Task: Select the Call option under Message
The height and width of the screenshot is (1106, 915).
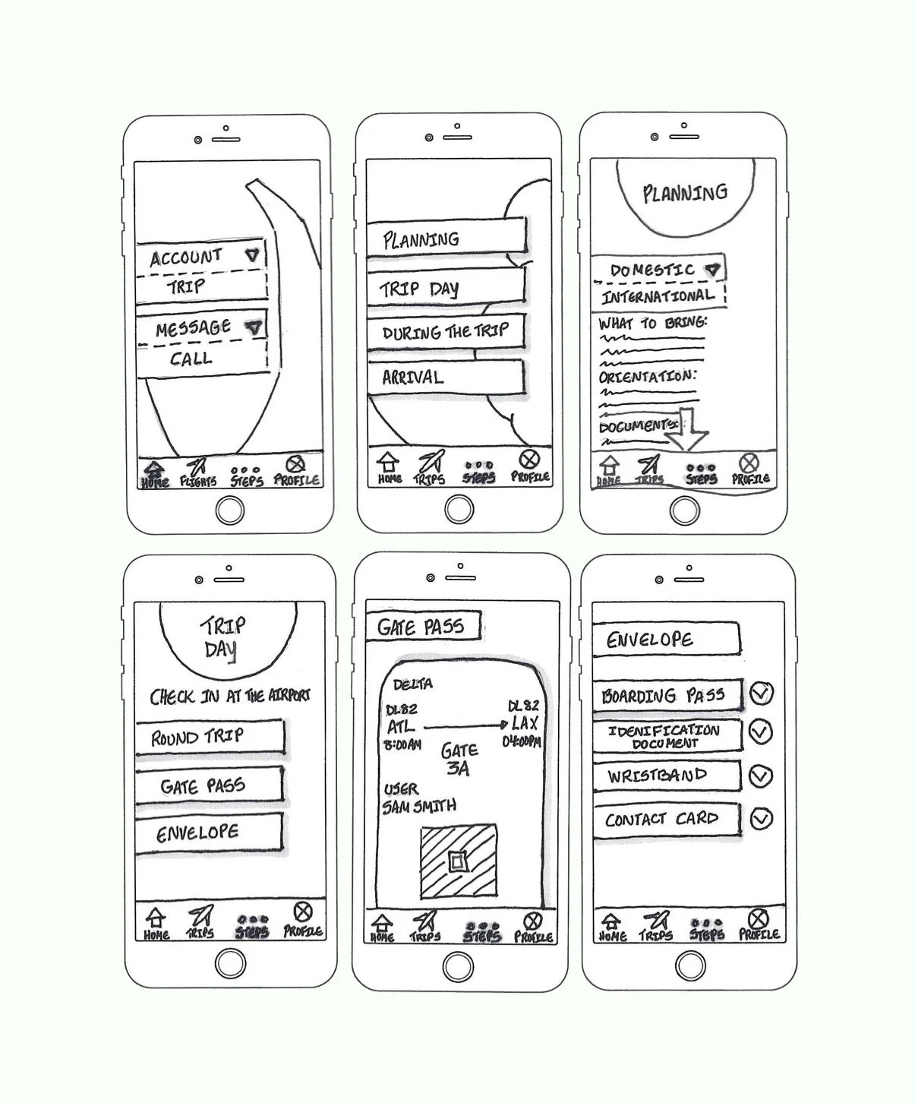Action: coord(191,359)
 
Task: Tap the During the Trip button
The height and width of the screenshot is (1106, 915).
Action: coord(446,333)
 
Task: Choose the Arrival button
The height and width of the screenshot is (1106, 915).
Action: coord(446,378)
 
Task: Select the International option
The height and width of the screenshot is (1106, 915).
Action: coord(658,295)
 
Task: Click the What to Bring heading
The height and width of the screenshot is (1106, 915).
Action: coord(652,323)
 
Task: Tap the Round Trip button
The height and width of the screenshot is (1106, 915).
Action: coord(210,737)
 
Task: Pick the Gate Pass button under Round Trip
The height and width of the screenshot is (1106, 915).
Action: coord(208,785)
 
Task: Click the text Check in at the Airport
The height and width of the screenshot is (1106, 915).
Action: coord(229,696)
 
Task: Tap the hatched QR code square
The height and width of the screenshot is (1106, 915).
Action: coord(459,861)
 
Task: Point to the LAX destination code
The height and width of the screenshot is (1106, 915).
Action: coord(524,723)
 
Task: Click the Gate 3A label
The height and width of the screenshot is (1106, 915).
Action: coord(459,759)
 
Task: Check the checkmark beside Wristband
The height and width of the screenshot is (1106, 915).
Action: coord(761,776)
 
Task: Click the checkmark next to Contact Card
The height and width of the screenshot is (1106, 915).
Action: coord(761,819)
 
